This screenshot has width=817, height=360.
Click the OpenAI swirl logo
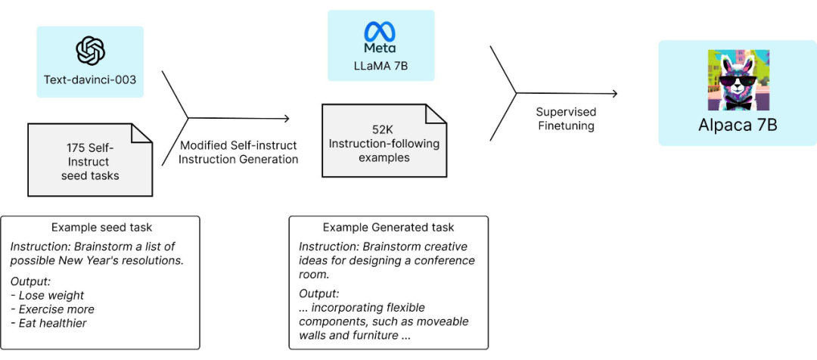click(90, 51)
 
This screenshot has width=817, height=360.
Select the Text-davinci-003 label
click(90, 79)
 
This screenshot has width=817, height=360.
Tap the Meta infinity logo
click(380, 33)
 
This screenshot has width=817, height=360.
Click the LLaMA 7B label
click(381, 66)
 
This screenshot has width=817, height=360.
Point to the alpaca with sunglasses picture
click(738, 81)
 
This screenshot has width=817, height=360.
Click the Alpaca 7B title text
click(738, 125)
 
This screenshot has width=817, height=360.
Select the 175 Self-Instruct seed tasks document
click(90, 161)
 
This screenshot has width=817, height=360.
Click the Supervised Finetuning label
click(566, 119)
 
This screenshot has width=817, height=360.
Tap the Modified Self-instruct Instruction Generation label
click(239, 152)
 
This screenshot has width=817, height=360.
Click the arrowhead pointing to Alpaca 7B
click(614, 94)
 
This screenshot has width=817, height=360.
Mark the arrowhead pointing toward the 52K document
click(286, 118)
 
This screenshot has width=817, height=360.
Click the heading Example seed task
click(101, 227)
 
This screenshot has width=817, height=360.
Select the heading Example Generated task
click(389, 227)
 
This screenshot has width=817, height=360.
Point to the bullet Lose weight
click(50, 296)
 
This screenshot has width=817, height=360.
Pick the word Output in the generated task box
click(318, 293)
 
